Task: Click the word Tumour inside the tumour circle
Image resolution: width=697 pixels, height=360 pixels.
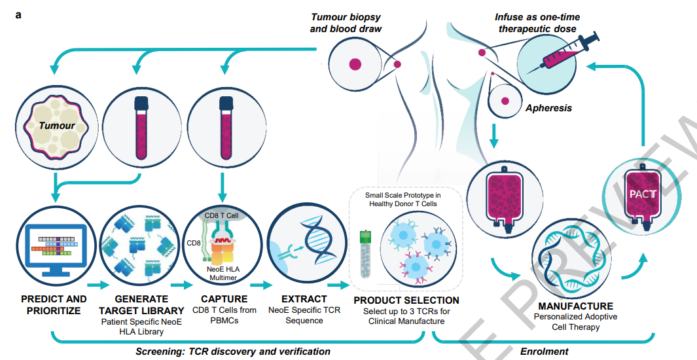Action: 57,126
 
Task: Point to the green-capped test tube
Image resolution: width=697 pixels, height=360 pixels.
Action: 365,254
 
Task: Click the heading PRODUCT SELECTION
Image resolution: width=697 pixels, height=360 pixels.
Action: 406,300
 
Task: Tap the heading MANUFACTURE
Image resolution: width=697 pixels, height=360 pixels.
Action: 576,306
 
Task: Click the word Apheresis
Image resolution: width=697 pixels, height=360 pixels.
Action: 548,108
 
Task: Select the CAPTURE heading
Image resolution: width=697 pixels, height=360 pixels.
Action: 224,299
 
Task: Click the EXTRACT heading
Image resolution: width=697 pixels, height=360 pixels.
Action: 304,299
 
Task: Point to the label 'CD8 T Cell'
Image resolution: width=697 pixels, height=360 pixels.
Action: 221,215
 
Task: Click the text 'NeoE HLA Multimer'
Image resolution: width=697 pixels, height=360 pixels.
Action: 223,274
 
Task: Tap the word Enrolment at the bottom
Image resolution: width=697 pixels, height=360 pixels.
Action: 544,351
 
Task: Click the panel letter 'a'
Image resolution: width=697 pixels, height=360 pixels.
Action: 19,14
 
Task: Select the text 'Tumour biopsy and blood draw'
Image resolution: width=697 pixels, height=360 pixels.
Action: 346,23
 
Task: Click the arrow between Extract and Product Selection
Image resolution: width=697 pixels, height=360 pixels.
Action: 339,285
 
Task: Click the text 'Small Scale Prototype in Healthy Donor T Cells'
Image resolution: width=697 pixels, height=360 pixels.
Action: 402,200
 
